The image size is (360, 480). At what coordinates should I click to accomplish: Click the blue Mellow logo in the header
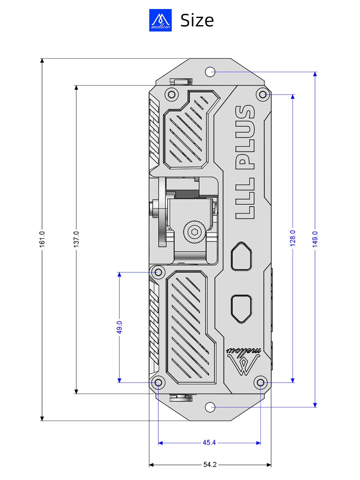tap(160, 20)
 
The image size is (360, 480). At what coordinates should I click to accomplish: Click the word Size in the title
tap(197, 20)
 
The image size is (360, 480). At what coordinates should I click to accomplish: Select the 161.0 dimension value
tap(42, 239)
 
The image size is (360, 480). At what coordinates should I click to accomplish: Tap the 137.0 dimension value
tap(76, 239)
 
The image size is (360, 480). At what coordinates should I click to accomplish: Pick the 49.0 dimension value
tap(119, 327)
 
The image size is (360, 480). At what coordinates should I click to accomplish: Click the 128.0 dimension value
tap(293, 238)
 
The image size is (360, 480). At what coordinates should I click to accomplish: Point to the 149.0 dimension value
tap(315, 239)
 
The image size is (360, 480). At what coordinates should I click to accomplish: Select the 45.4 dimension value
tap(209, 443)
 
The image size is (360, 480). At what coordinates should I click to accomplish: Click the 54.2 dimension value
tap(210, 465)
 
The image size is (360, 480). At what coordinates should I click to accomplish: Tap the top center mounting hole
tap(210, 72)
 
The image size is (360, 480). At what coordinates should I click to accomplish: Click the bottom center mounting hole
tap(210, 407)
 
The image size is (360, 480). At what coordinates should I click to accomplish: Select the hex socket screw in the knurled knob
tap(194, 232)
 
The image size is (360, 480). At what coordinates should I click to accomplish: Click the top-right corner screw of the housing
tap(262, 94)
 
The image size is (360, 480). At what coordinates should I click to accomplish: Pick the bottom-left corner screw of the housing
tap(158, 382)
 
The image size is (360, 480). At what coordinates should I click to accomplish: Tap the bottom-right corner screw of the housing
tap(261, 382)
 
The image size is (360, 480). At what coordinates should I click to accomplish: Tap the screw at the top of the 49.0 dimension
tap(158, 272)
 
